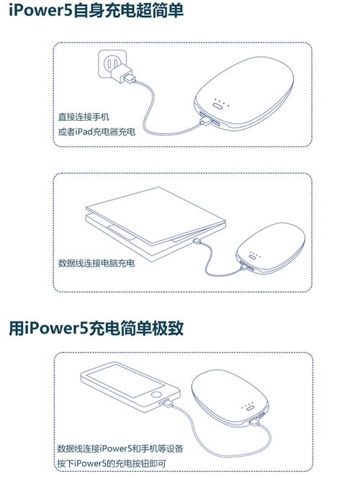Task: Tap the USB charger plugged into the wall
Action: pyautogui.click(x=122, y=74)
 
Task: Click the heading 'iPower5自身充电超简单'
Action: pyautogui.click(x=96, y=10)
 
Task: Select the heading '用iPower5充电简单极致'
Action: pyautogui.click(x=96, y=328)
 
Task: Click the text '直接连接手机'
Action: pyautogui.click(x=84, y=117)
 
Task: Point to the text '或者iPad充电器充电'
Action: pyautogui.click(x=96, y=132)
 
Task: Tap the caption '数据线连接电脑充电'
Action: pyautogui.click(x=96, y=263)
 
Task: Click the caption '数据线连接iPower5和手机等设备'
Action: pyautogui.click(x=120, y=448)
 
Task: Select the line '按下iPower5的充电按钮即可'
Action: pyautogui.click(x=112, y=463)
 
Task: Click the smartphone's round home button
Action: pyautogui.click(x=156, y=395)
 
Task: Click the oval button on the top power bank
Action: pyautogui.click(x=218, y=106)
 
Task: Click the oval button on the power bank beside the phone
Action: pyautogui.click(x=250, y=408)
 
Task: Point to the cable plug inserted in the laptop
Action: pyautogui.click(x=197, y=241)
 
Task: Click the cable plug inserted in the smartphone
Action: pyautogui.click(x=166, y=403)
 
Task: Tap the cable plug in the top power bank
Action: pyautogui.click(x=205, y=121)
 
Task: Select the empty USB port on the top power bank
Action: pyautogui.click(x=215, y=123)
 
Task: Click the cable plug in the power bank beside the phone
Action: pyautogui.click(x=253, y=422)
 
